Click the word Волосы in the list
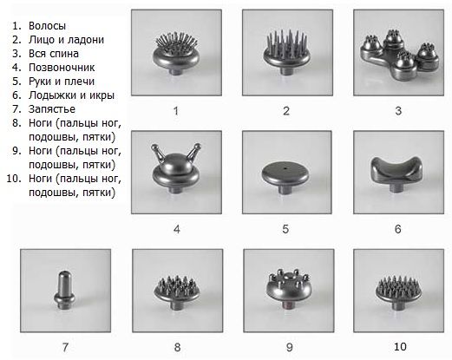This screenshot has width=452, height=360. point(47,26)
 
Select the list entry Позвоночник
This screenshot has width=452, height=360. point(62,68)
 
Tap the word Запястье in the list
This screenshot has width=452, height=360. point(52,109)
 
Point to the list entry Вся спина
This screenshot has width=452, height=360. point(54,54)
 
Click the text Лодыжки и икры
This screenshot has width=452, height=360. point(71,95)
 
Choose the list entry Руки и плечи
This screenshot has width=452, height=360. point(62,82)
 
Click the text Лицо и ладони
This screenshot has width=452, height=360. point(66,40)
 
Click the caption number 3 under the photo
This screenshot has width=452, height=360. point(398,111)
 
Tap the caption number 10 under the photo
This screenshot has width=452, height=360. point(400,347)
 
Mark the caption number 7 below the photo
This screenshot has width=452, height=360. point(65,347)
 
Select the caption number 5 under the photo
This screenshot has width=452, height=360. point(285,229)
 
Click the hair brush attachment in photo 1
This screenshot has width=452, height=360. point(176,53)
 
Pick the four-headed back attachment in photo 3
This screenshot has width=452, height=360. point(400,55)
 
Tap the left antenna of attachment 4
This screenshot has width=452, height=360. point(158,152)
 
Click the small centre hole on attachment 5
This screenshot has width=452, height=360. point(285,168)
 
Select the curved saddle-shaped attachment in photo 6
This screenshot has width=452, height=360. point(396,173)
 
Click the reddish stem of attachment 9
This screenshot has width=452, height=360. point(288,306)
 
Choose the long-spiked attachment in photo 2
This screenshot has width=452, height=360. point(286,52)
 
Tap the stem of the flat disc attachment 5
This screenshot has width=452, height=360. point(285,190)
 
